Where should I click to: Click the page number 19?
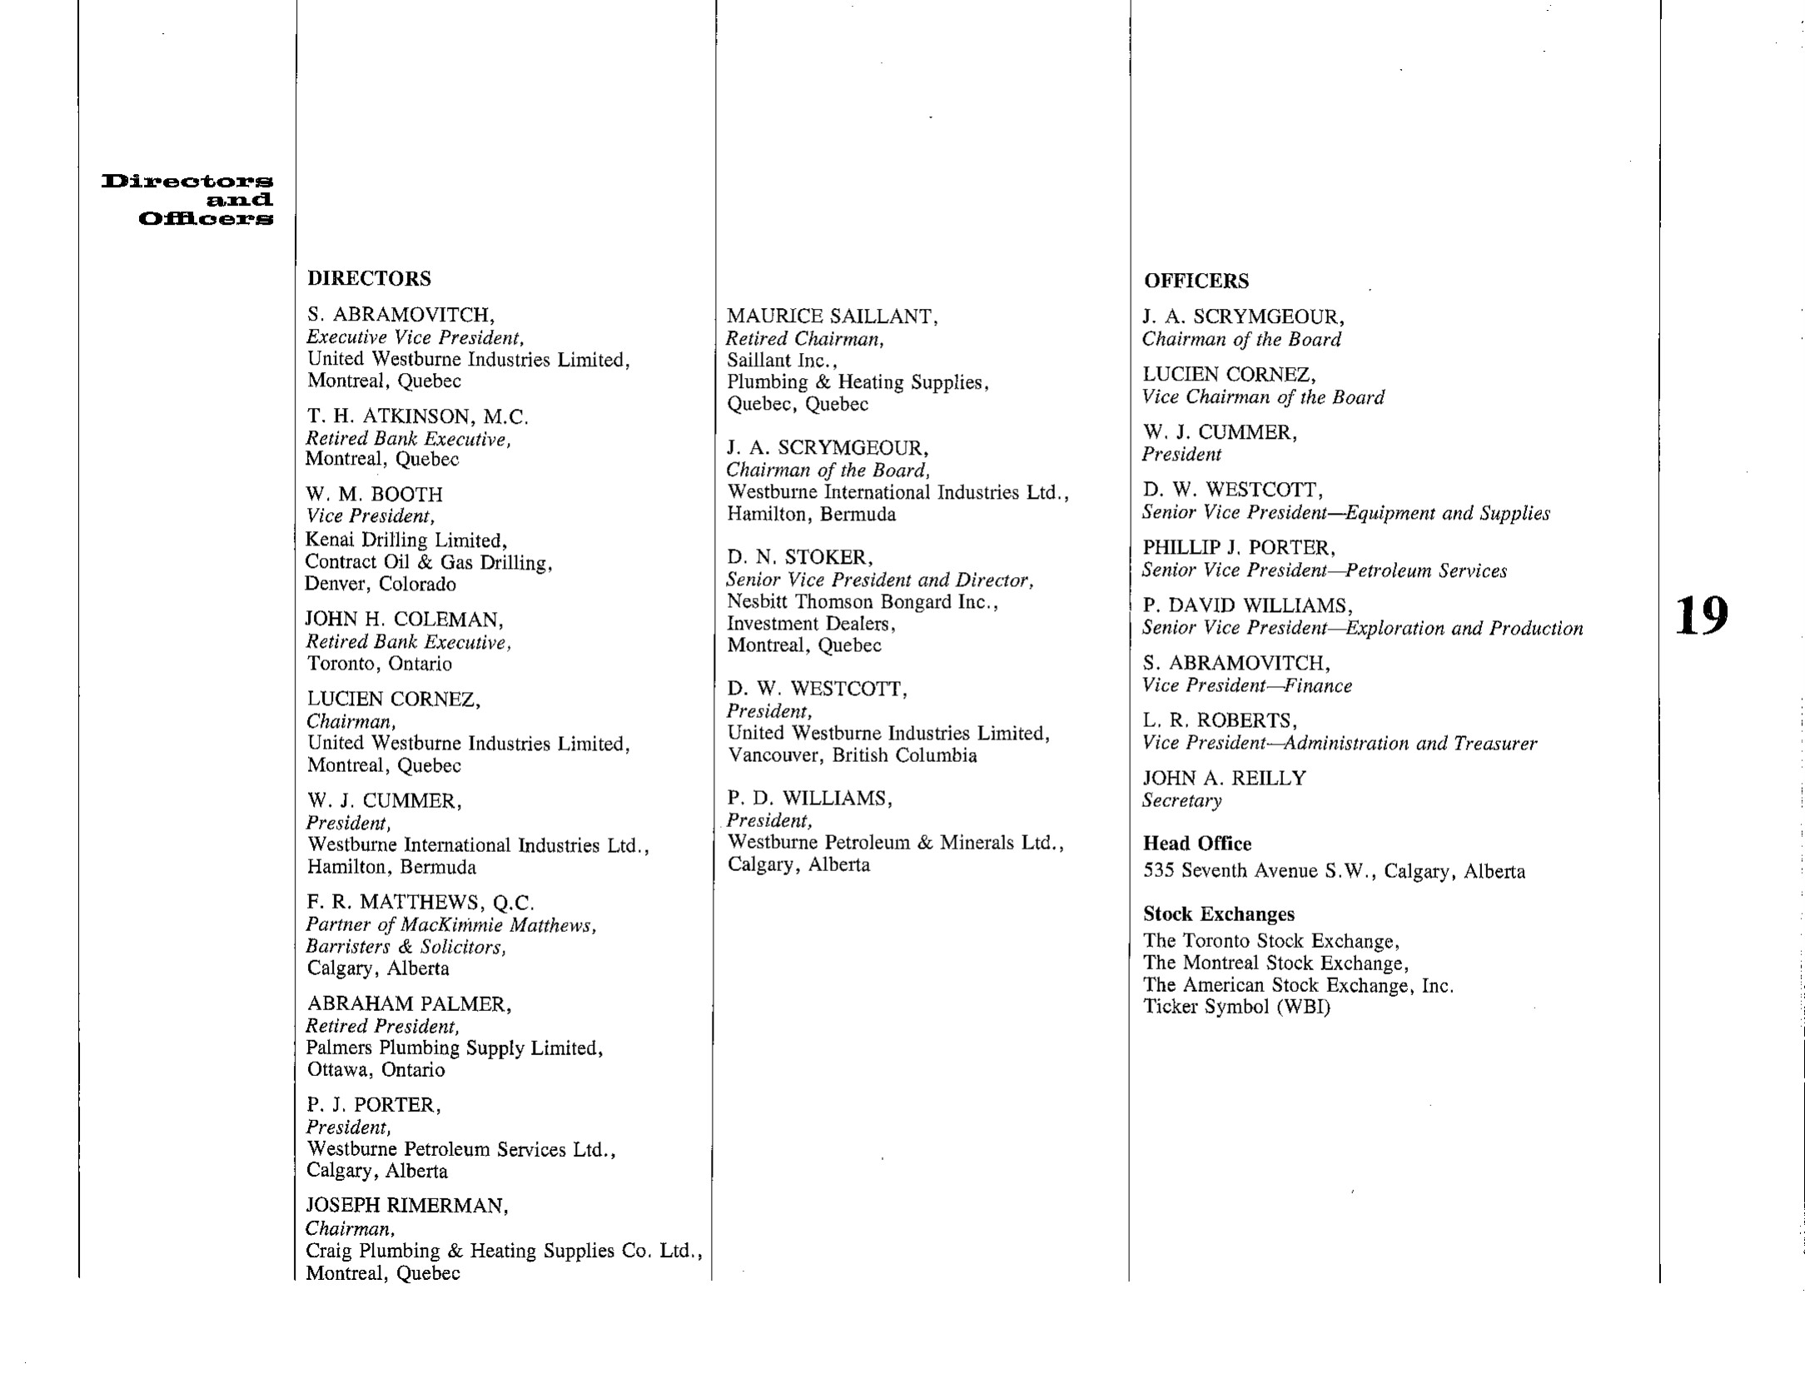pos(1702,617)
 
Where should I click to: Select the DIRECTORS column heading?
pos(369,278)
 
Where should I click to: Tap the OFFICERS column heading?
pos(1196,281)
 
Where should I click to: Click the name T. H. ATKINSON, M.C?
pos(416,416)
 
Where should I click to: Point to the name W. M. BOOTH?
pos(374,495)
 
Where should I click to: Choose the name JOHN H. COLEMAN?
pos(404,620)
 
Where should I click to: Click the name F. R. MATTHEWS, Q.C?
pos(420,903)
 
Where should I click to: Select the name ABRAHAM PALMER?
pos(408,1004)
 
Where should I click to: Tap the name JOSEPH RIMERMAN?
pos(406,1205)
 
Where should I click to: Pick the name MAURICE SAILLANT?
pos(832,316)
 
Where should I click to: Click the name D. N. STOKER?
pos(799,557)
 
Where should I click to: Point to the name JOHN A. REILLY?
pos(1224,778)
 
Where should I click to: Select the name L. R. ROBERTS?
pos(1219,720)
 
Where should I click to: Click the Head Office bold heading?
pos(1196,844)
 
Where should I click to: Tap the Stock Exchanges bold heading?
pos(1218,914)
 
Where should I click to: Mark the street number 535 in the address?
pos(1158,871)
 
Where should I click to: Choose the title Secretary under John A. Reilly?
pos(1181,800)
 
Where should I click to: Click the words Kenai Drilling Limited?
pos(405,540)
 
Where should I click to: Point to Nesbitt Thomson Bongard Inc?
pos(862,602)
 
